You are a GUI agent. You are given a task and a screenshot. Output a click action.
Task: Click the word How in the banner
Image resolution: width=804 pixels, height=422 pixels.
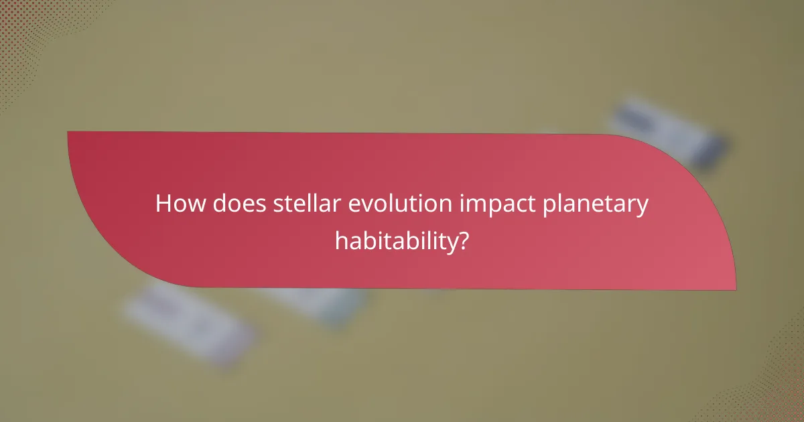(179, 204)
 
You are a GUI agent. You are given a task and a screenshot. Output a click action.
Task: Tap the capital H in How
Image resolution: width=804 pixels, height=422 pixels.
(163, 204)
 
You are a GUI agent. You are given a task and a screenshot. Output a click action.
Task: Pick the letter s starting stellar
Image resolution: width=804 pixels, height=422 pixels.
(279, 205)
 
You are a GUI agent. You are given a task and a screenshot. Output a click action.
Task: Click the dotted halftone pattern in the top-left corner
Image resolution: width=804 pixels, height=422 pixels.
(27, 27)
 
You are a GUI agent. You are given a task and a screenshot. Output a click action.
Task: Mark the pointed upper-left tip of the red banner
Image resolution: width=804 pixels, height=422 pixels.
(69, 133)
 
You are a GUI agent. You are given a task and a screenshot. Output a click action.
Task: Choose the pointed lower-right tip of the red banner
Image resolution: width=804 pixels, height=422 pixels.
(735, 289)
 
